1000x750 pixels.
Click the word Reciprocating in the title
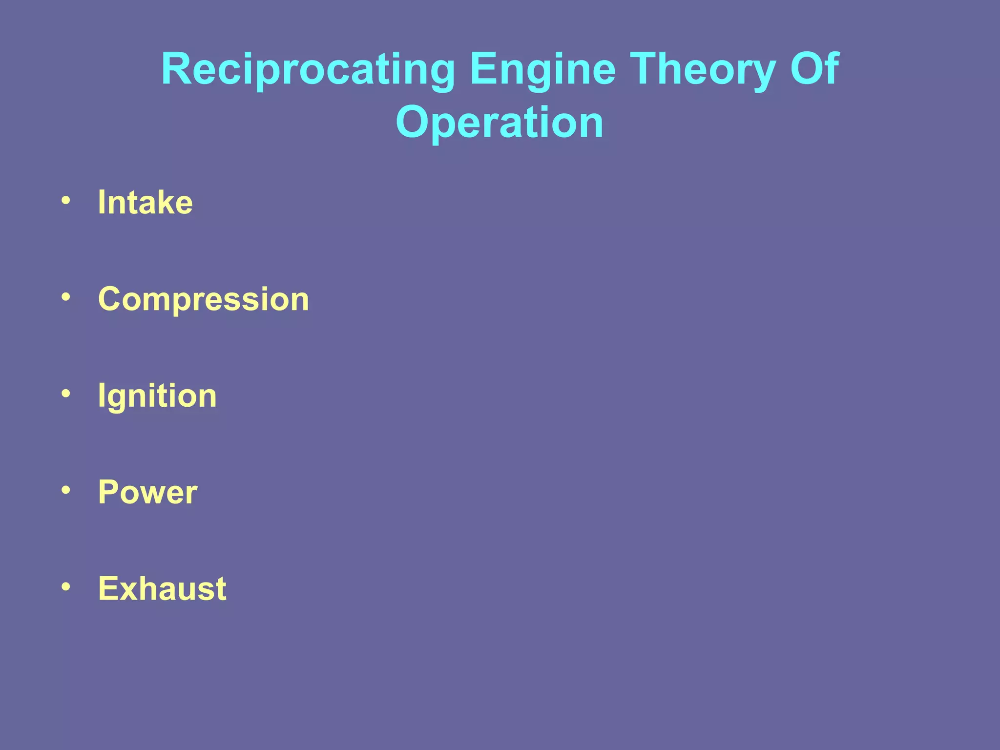point(308,70)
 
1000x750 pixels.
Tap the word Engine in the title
point(542,70)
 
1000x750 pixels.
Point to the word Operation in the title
point(500,123)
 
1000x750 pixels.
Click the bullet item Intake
point(146,202)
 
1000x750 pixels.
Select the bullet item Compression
point(204,299)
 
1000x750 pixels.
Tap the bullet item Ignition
point(157,396)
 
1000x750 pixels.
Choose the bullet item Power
point(148,492)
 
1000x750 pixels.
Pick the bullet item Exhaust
point(162,588)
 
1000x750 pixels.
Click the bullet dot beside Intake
point(66,200)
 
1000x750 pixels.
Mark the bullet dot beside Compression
point(66,297)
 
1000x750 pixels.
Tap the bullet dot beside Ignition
point(66,394)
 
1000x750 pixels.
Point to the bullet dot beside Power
point(66,490)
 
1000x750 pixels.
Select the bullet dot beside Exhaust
point(66,586)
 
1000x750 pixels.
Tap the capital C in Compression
point(111,299)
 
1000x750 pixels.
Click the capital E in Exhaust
point(108,588)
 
